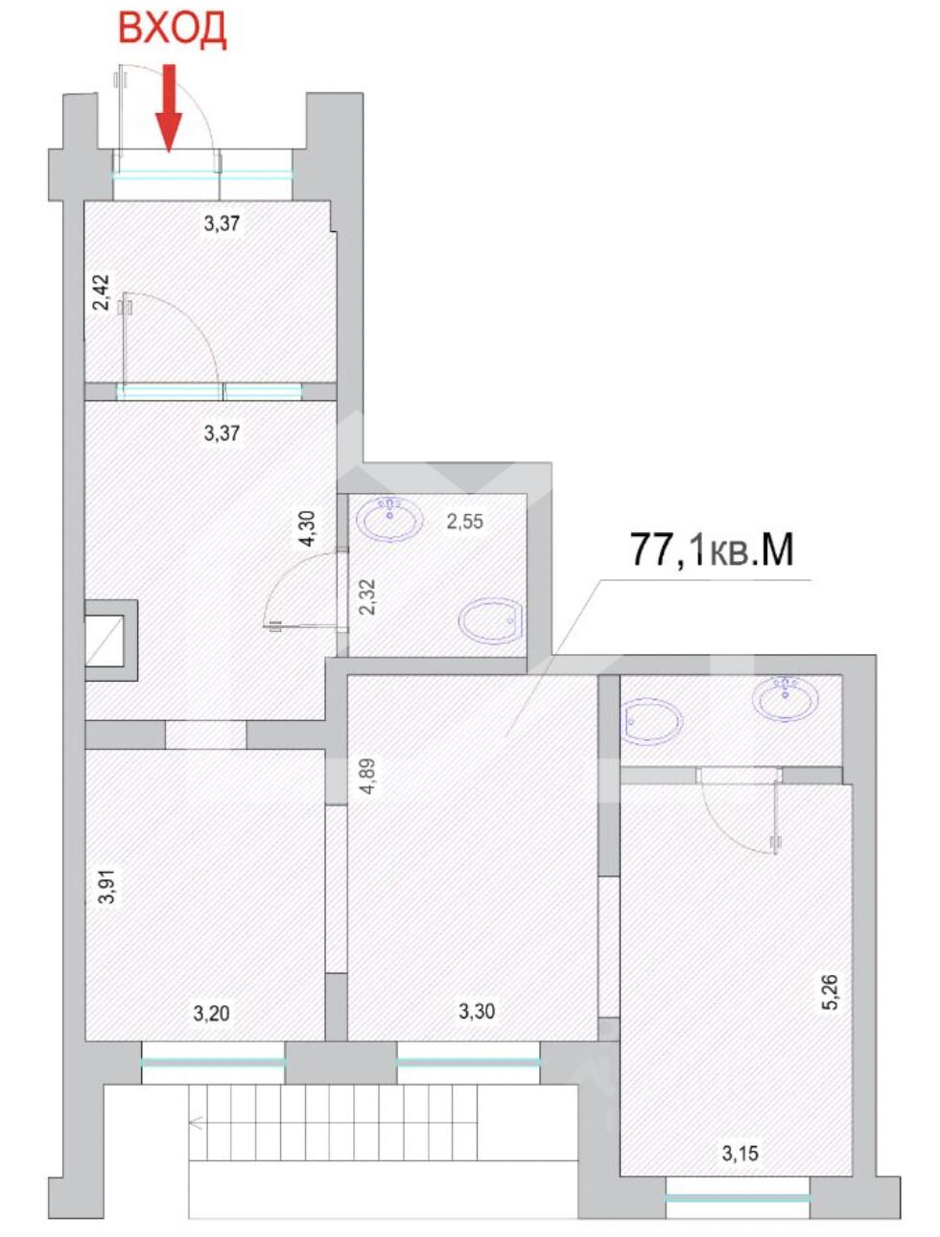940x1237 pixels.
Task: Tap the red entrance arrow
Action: coord(169,108)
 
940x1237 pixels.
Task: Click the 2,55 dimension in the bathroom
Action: coord(465,522)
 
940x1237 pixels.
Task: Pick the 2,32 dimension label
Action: coord(366,598)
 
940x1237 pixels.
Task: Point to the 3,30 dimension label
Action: coord(477,1011)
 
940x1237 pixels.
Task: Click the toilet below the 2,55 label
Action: coord(490,620)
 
